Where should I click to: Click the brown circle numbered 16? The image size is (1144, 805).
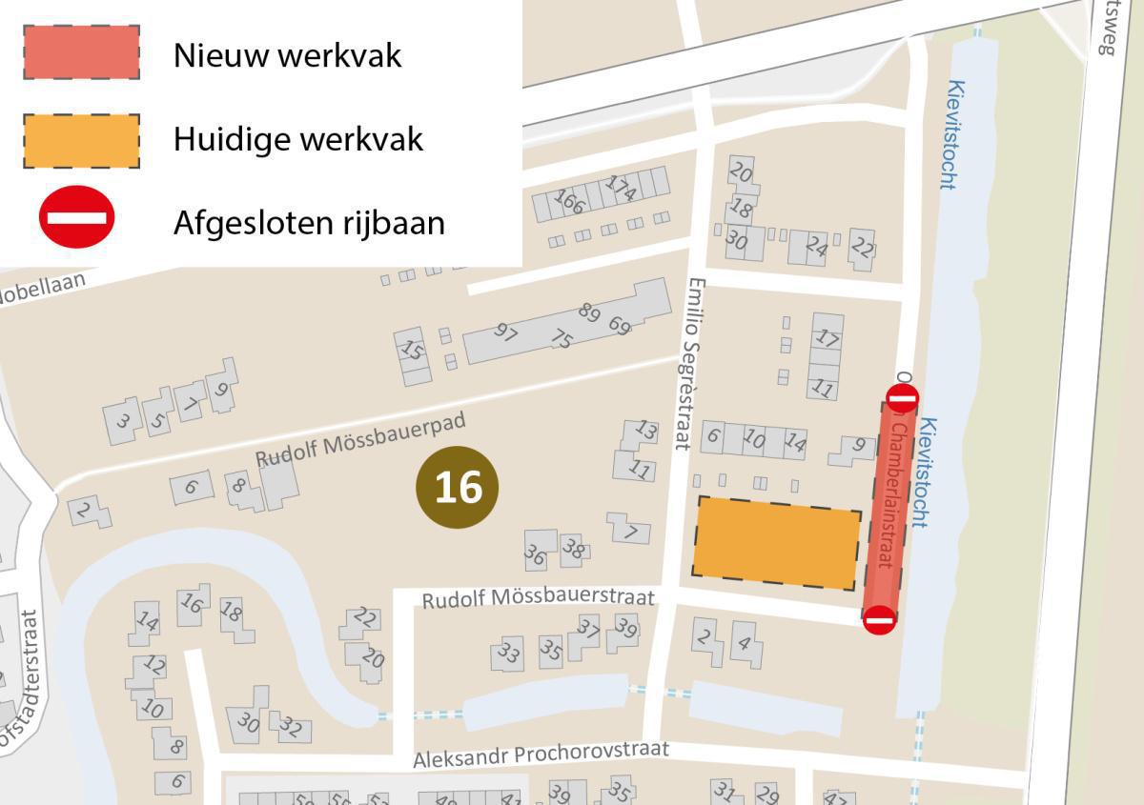click(x=458, y=487)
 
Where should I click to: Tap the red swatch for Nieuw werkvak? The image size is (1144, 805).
click(x=82, y=52)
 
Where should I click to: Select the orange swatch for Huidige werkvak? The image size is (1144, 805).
click(x=82, y=140)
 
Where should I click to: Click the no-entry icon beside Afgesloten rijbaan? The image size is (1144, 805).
click(x=76, y=217)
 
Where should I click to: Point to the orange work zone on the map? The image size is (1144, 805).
click(x=776, y=542)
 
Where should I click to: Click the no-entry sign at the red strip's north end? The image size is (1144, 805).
click(x=902, y=398)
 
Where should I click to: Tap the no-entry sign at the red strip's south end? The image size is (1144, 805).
click(x=879, y=621)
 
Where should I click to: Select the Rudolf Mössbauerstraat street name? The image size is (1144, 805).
click(x=539, y=597)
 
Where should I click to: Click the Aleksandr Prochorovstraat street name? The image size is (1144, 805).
click(x=541, y=755)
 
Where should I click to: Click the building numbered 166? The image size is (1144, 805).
click(x=570, y=202)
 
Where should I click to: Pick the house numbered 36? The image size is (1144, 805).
click(x=537, y=552)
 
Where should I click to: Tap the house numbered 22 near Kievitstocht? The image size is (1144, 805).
click(x=862, y=248)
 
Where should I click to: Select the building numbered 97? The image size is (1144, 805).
click(x=506, y=333)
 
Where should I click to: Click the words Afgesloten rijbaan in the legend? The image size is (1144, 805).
click(x=309, y=222)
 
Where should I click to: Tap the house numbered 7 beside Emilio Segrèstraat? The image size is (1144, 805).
click(x=629, y=530)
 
